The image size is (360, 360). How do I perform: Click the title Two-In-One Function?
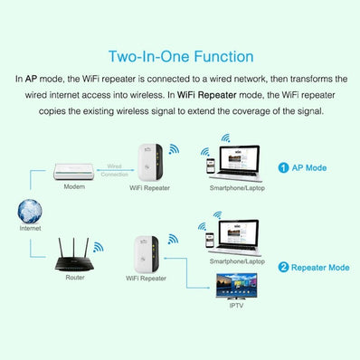[180, 57]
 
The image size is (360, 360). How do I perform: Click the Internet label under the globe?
[30, 230]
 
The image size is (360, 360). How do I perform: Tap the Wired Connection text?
[114, 171]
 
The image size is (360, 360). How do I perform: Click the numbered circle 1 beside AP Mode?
[283, 167]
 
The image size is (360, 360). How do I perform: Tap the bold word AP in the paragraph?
[30, 80]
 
